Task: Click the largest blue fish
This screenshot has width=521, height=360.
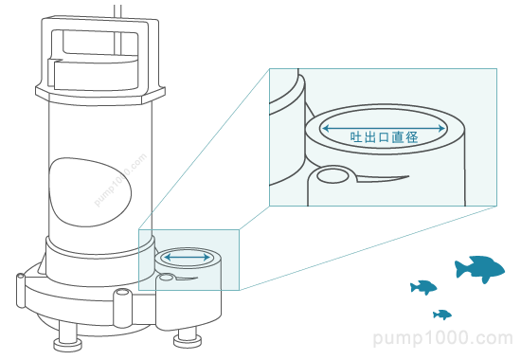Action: pyautogui.click(x=480, y=269)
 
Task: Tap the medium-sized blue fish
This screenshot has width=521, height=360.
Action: pyautogui.click(x=423, y=287)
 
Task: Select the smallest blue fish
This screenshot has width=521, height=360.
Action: pyautogui.click(x=442, y=315)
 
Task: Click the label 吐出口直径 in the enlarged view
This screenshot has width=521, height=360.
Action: pyautogui.click(x=384, y=137)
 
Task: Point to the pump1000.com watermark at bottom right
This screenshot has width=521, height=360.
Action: pyautogui.click(x=443, y=338)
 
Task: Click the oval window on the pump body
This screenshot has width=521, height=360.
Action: pyautogui.click(x=90, y=192)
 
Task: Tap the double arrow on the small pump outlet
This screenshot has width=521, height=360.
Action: pyautogui.click(x=188, y=258)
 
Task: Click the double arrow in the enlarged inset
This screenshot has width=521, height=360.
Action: pyautogui.click(x=384, y=128)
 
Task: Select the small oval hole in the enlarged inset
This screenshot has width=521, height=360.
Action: pyautogui.click(x=332, y=176)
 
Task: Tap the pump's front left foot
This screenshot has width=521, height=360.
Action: pyautogui.click(x=68, y=341)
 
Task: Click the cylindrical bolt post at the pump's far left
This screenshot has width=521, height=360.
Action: pyautogui.click(x=20, y=291)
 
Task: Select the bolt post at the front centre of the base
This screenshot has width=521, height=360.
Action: pyautogui.click(x=122, y=308)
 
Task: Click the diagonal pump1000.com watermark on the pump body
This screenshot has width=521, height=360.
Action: pyautogui.click(x=120, y=180)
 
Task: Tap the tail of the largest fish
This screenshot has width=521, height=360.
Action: pyautogui.click(x=459, y=269)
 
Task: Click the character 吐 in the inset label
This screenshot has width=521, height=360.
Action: pyautogui.click(x=356, y=137)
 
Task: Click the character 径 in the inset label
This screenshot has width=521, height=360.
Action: pyautogui.click(x=412, y=137)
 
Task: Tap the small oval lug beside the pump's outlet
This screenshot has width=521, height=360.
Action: pyautogui.click(x=166, y=277)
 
